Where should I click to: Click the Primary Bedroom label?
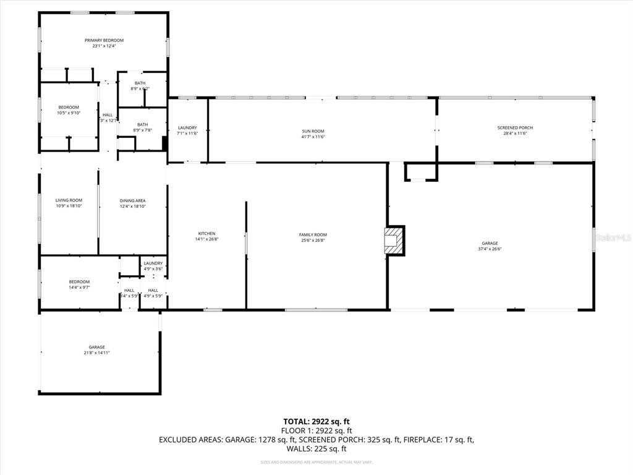[104, 40]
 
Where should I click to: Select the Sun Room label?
[313, 131]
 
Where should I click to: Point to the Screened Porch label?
[515, 128]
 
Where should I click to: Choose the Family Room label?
[313, 235]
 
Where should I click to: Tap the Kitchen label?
[206, 233]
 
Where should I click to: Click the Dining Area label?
[132, 200]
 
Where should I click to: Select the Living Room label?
[69, 200]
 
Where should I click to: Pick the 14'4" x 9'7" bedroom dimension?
[79, 288]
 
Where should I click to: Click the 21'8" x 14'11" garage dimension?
[96, 353]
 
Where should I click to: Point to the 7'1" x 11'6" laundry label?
[187, 134]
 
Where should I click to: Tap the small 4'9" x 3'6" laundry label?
[153, 269]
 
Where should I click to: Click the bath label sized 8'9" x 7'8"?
[142, 130]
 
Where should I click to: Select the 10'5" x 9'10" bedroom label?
[69, 113]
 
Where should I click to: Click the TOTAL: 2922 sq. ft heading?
[316, 422]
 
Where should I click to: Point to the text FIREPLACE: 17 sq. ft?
[438, 440]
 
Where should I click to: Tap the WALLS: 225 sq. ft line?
[316, 449]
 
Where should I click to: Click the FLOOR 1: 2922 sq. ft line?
[316, 431]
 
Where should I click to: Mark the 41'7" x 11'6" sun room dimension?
[313, 137]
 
